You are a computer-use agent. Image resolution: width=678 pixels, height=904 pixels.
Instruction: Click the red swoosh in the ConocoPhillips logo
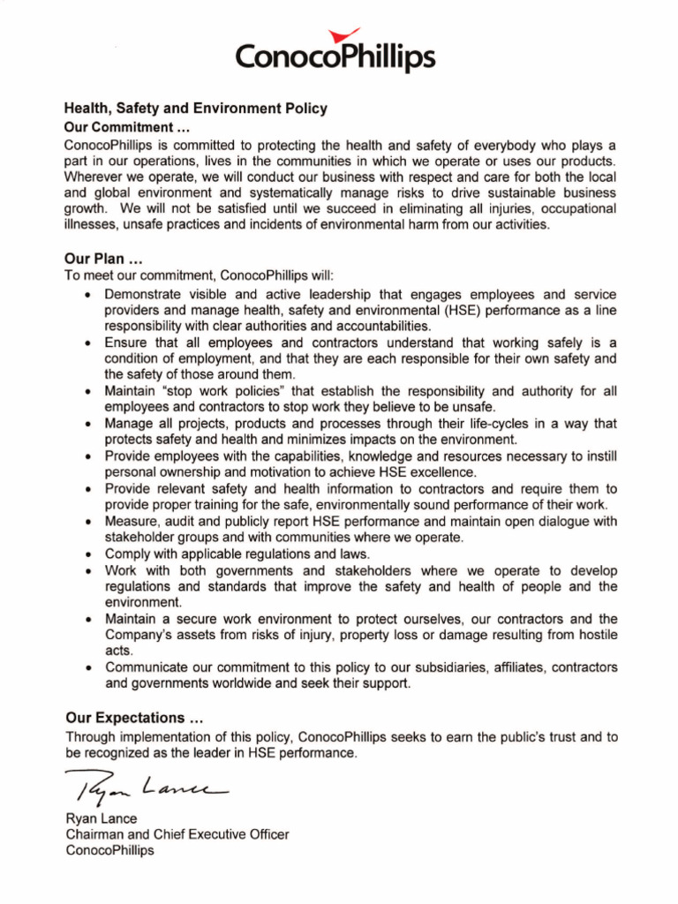point(336,36)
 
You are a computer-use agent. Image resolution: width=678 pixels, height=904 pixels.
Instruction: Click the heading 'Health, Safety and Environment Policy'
point(195,109)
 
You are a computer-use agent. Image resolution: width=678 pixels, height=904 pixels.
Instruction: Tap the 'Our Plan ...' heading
point(103,260)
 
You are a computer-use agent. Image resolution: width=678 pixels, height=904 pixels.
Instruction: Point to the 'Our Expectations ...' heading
point(137,717)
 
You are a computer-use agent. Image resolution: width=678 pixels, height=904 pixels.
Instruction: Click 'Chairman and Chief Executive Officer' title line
point(177,834)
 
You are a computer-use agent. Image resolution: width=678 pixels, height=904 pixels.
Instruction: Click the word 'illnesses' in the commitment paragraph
point(93,225)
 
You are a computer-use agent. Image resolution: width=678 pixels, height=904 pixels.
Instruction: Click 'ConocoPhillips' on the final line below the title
point(109,850)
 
